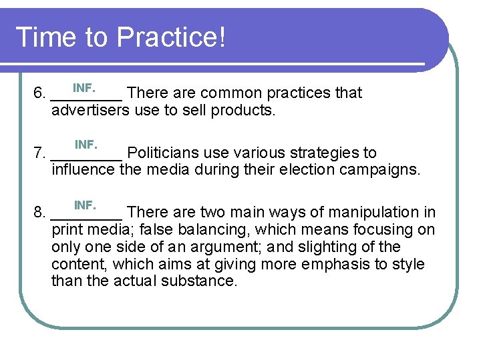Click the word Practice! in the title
(172, 37)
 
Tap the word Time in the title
(43, 37)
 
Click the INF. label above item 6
(84, 87)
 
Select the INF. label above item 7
(86, 144)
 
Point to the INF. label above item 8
(85, 204)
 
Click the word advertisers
(90, 110)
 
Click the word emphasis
(331, 264)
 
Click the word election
(289, 170)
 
